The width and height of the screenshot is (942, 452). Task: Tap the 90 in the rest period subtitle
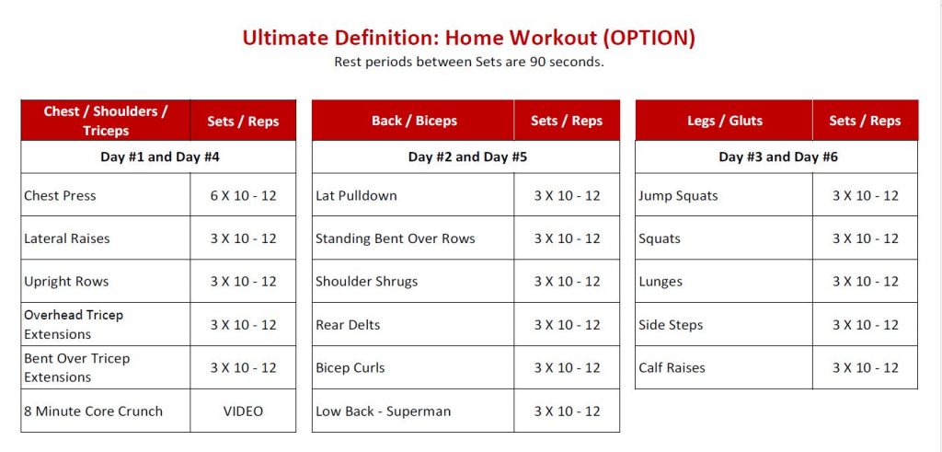tap(537, 62)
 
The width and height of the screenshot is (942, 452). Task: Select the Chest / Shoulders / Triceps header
tap(105, 121)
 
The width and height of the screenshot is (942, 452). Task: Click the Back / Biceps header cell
tap(414, 121)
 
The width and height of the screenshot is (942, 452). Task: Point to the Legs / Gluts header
tap(725, 121)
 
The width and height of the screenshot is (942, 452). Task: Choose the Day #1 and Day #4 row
tap(159, 157)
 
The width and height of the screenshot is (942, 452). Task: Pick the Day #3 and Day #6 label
tap(778, 157)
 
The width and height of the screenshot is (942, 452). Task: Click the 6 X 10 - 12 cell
tap(243, 195)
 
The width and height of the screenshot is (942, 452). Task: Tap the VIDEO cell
tap(243, 411)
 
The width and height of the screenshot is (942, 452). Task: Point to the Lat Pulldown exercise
tap(356, 195)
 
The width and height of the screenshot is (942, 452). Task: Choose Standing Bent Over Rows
tap(396, 238)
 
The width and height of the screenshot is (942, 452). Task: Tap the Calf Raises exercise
tap(672, 368)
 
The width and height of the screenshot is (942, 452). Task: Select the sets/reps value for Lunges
tap(865, 282)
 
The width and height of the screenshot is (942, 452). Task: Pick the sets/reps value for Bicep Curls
tap(567, 368)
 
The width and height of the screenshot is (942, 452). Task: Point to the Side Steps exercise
tap(671, 325)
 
